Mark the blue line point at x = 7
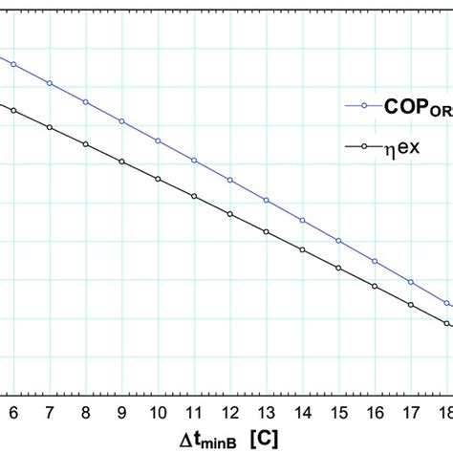click(50, 83)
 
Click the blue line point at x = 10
click(158, 141)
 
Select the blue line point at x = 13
click(266, 201)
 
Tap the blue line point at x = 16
click(375, 261)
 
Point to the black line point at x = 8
click(86, 144)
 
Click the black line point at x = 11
click(194, 197)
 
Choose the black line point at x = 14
click(302, 250)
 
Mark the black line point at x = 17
click(410, 305)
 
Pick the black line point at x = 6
click(13, 110)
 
